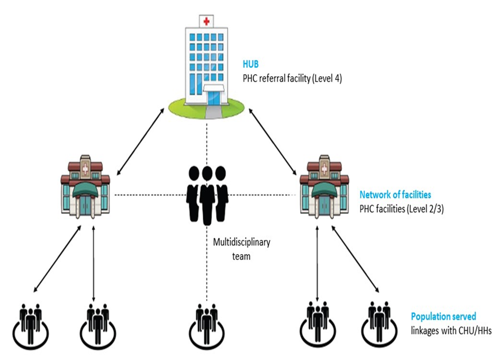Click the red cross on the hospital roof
(206, 21)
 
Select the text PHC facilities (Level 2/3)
(401, 208)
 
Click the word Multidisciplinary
(241, 243)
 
